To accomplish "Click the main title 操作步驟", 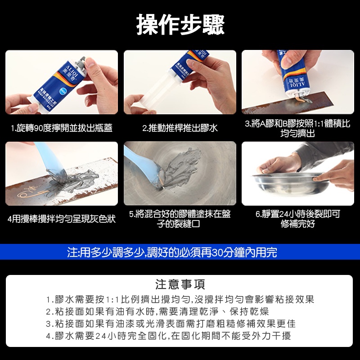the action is pos(180,25).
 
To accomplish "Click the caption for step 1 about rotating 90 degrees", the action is pos(62,128).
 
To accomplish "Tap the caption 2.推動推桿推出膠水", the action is pos(180,128).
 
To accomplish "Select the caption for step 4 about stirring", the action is pos(62,219).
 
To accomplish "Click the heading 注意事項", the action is pos(180,284).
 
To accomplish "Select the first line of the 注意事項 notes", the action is pos(180,299).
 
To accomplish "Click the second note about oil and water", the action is pos(157,311).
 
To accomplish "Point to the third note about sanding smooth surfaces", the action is pos(171,324).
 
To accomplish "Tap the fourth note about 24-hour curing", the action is pos(168,336).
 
